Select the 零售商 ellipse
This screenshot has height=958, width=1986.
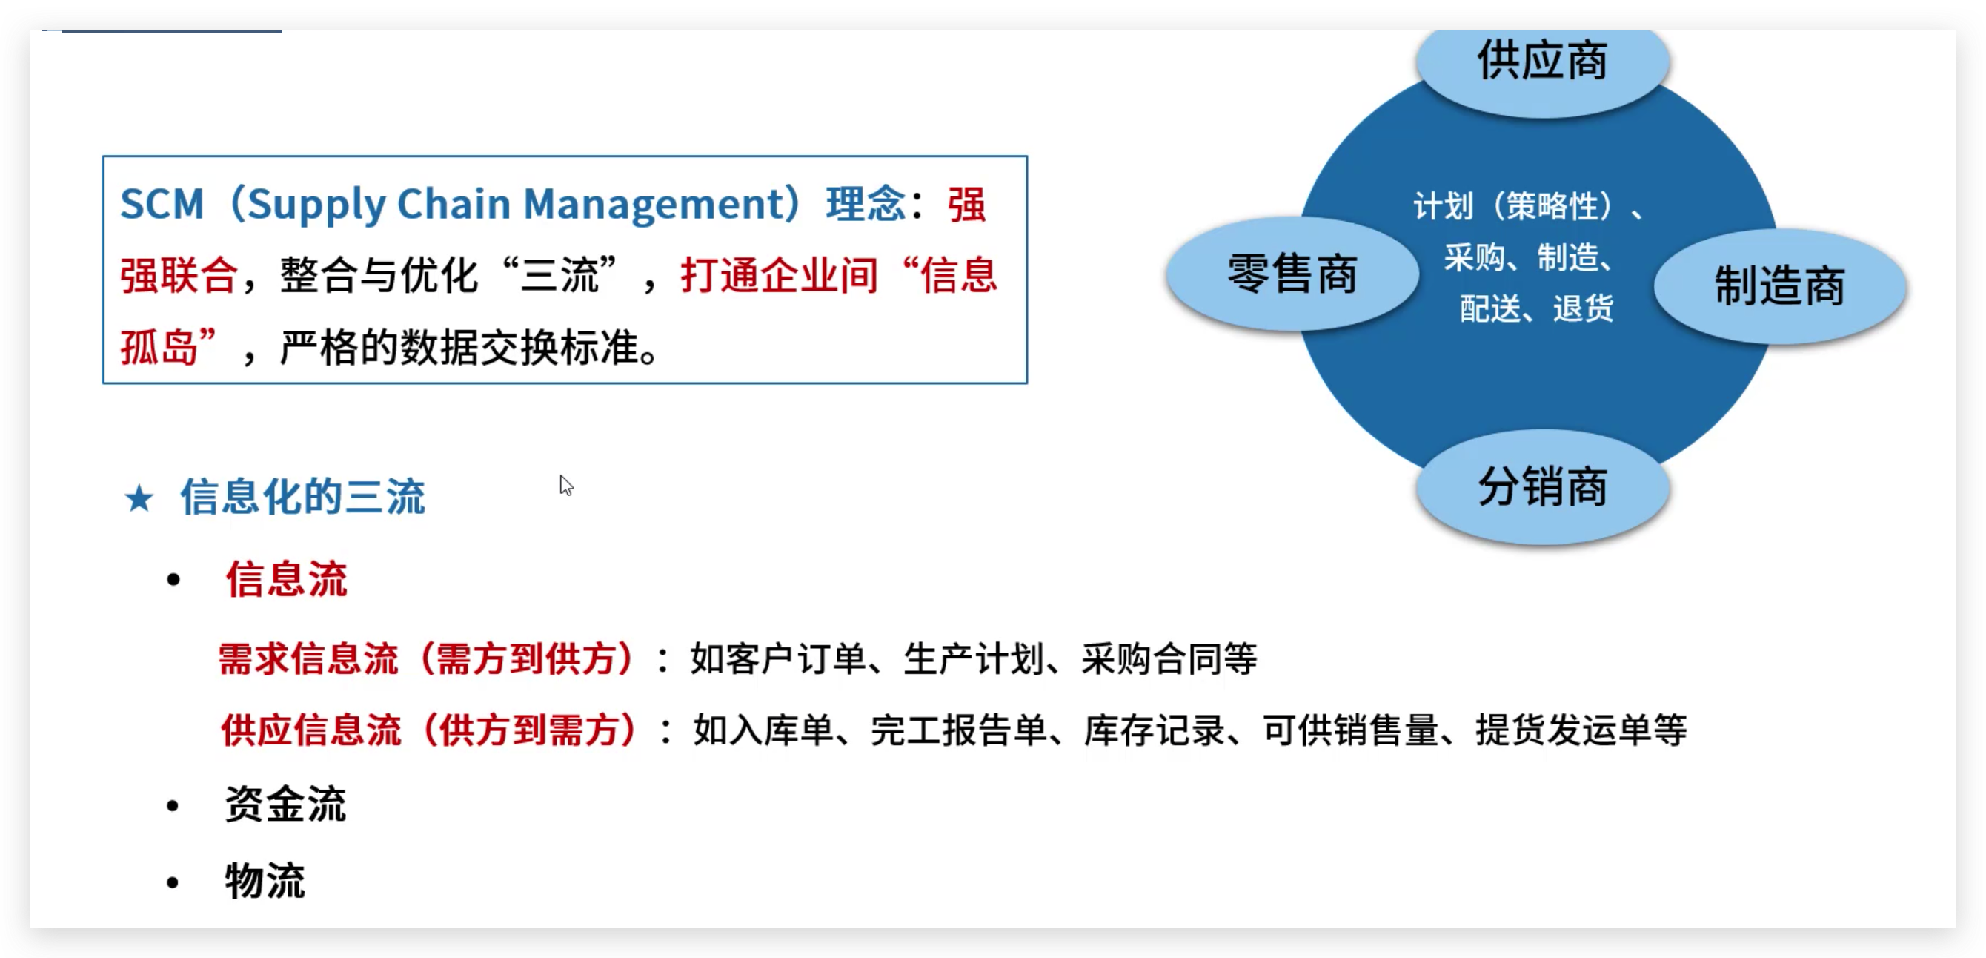1292,274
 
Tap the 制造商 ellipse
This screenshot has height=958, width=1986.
1779,286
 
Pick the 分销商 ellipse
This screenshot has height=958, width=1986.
1543,487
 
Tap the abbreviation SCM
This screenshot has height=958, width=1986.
162,205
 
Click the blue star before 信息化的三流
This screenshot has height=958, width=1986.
139,498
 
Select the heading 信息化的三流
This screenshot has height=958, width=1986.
302,497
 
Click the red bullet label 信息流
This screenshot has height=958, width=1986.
286,579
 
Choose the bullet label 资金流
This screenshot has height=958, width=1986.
285,805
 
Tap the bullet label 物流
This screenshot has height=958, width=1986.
265,881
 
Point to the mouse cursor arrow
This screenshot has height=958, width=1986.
565,484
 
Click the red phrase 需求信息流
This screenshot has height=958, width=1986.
308,659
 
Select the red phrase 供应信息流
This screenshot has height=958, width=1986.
310,730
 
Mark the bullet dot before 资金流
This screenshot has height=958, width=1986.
173,806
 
